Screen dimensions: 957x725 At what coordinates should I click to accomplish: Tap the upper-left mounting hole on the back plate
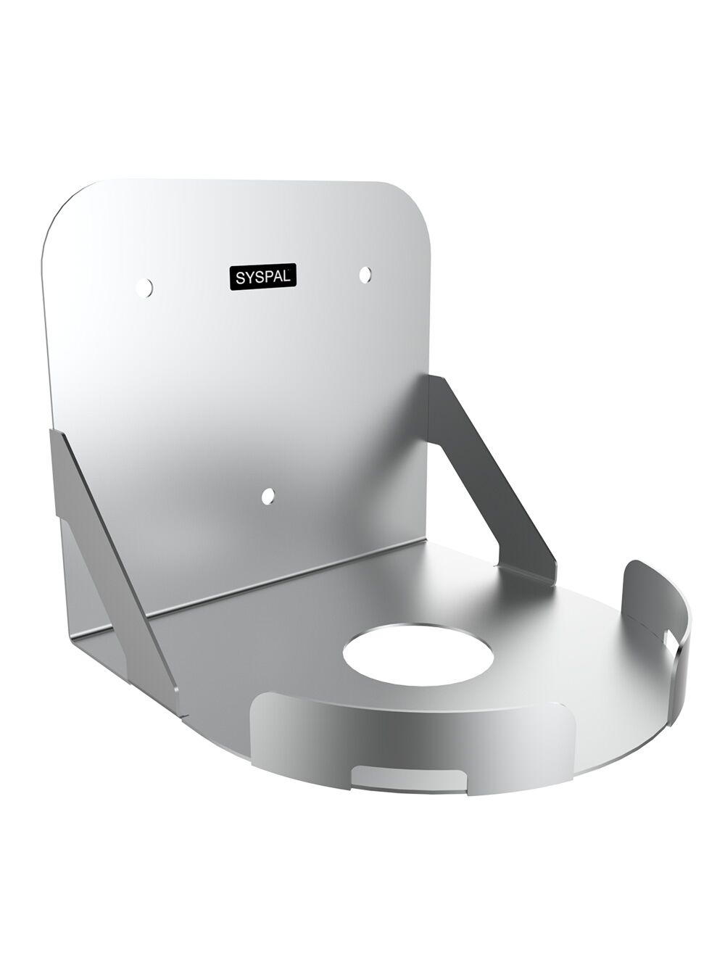click(145, 288)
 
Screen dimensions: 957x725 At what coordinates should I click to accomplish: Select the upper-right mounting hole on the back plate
click(365, 273)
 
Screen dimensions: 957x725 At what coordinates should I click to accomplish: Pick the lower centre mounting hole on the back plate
click(268, 496)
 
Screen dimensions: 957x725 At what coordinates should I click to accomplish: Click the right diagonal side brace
click(493, 471)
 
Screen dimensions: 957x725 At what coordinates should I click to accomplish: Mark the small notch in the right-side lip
click(668, 636)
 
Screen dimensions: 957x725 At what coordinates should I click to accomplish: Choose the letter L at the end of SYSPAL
click(289, 276)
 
